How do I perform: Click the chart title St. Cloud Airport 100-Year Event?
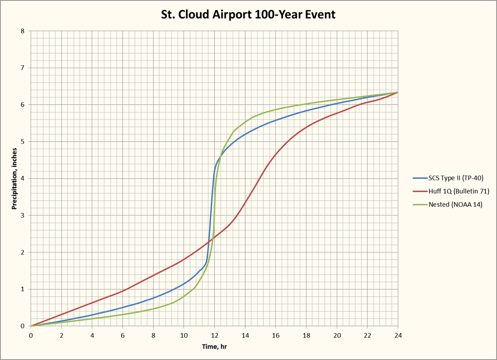(248, 15)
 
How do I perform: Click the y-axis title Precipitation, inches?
(15, 179)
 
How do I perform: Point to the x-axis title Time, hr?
(214, 347)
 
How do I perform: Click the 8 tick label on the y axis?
(23, 31)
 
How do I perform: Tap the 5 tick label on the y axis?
(23, 142)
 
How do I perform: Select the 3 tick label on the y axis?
(23, 216)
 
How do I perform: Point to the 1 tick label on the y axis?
(23, 289)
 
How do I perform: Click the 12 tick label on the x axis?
(214, 335)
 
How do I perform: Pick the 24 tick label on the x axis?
(398, 335)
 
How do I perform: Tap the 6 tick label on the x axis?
(123, 335)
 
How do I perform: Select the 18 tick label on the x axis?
(306, 335)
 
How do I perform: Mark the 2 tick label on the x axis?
(61, 335)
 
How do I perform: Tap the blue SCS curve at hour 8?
(154, 298)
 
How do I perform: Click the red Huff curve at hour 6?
(123, 291)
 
